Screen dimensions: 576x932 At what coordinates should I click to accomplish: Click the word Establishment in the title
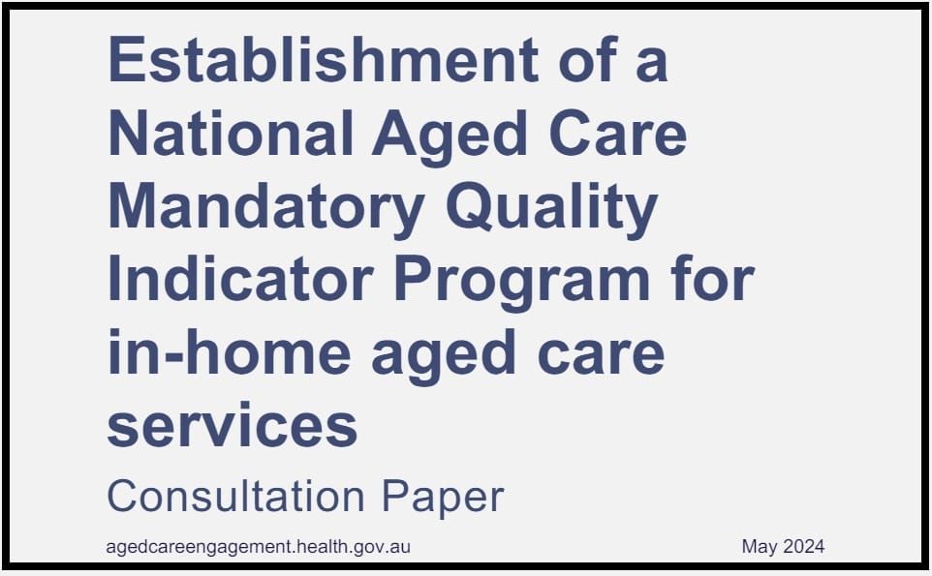[323, 60]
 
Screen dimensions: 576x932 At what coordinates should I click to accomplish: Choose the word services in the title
[233, 426]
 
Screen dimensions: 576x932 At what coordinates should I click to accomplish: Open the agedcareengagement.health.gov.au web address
[259, 547]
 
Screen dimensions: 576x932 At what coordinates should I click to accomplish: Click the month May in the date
[761, 547]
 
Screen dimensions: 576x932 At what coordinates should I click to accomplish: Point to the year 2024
[804, 547]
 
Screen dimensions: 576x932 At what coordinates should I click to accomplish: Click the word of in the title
[580, 60]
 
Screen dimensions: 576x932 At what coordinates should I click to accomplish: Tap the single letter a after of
[651, 62]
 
